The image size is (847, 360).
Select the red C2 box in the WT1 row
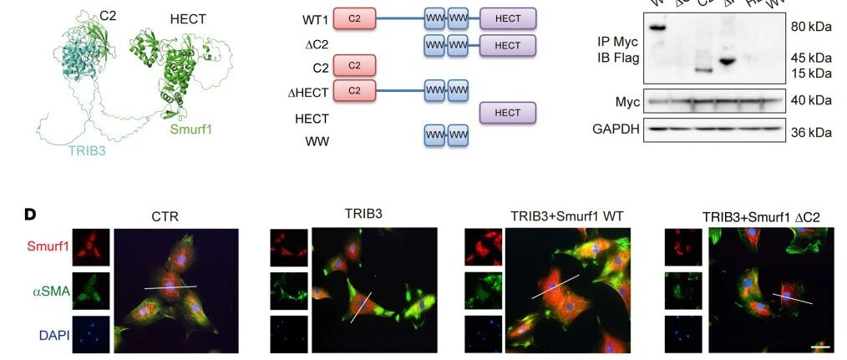click(354, 18)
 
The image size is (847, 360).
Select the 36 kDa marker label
click(810, 132)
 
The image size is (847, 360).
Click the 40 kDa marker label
click(810, 101)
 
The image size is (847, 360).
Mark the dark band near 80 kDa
click(658, 28)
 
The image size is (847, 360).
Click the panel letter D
click(29, 215)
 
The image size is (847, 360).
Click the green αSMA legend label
click(48, 292)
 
